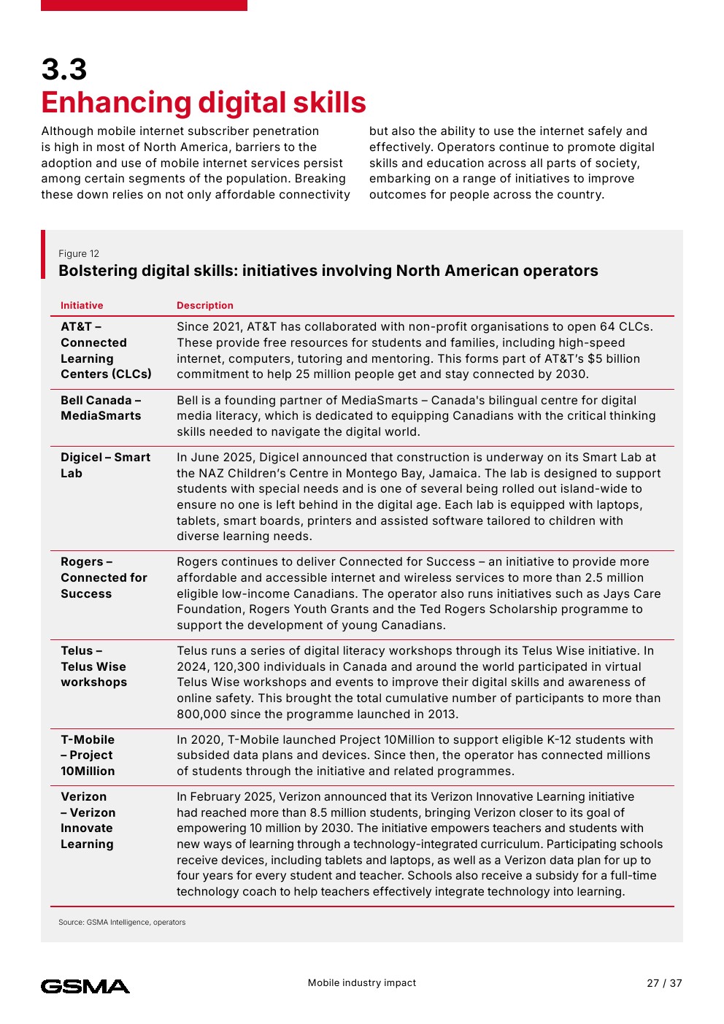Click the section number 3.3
point(64,70)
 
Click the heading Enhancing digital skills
point(204,103)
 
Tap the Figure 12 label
point(79,254)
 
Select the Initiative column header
point(82,306)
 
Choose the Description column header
point(205,306)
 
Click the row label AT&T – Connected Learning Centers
point(106,350)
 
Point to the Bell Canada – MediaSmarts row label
point(101,408)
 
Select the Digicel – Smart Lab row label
point(105,465)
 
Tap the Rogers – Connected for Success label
point(104,577)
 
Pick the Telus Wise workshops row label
point(93,666)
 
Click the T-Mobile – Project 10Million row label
point(88,755)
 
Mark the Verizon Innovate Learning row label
point(88,820)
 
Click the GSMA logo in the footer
point(85,986)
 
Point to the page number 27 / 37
point(664,983)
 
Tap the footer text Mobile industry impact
point(362,983)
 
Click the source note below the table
point(122,923)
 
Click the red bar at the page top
point(144,5)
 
